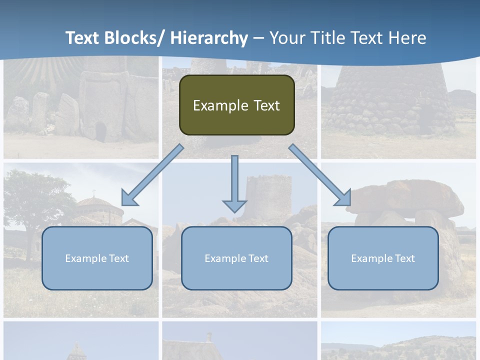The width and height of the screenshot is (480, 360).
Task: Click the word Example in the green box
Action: coord(220,106)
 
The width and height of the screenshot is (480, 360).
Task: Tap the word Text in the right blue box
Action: coord(404,258)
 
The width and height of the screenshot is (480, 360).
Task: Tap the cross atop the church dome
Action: coord(93,192)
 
